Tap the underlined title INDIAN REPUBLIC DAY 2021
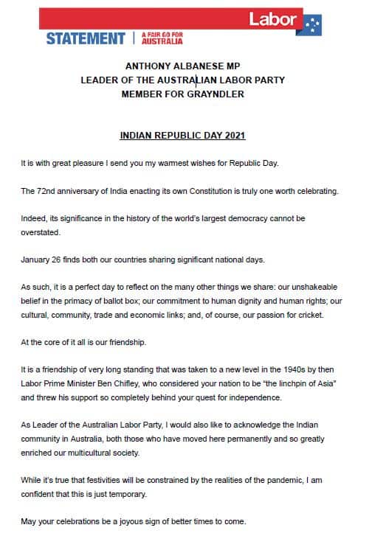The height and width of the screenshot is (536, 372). click(182, 136)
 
